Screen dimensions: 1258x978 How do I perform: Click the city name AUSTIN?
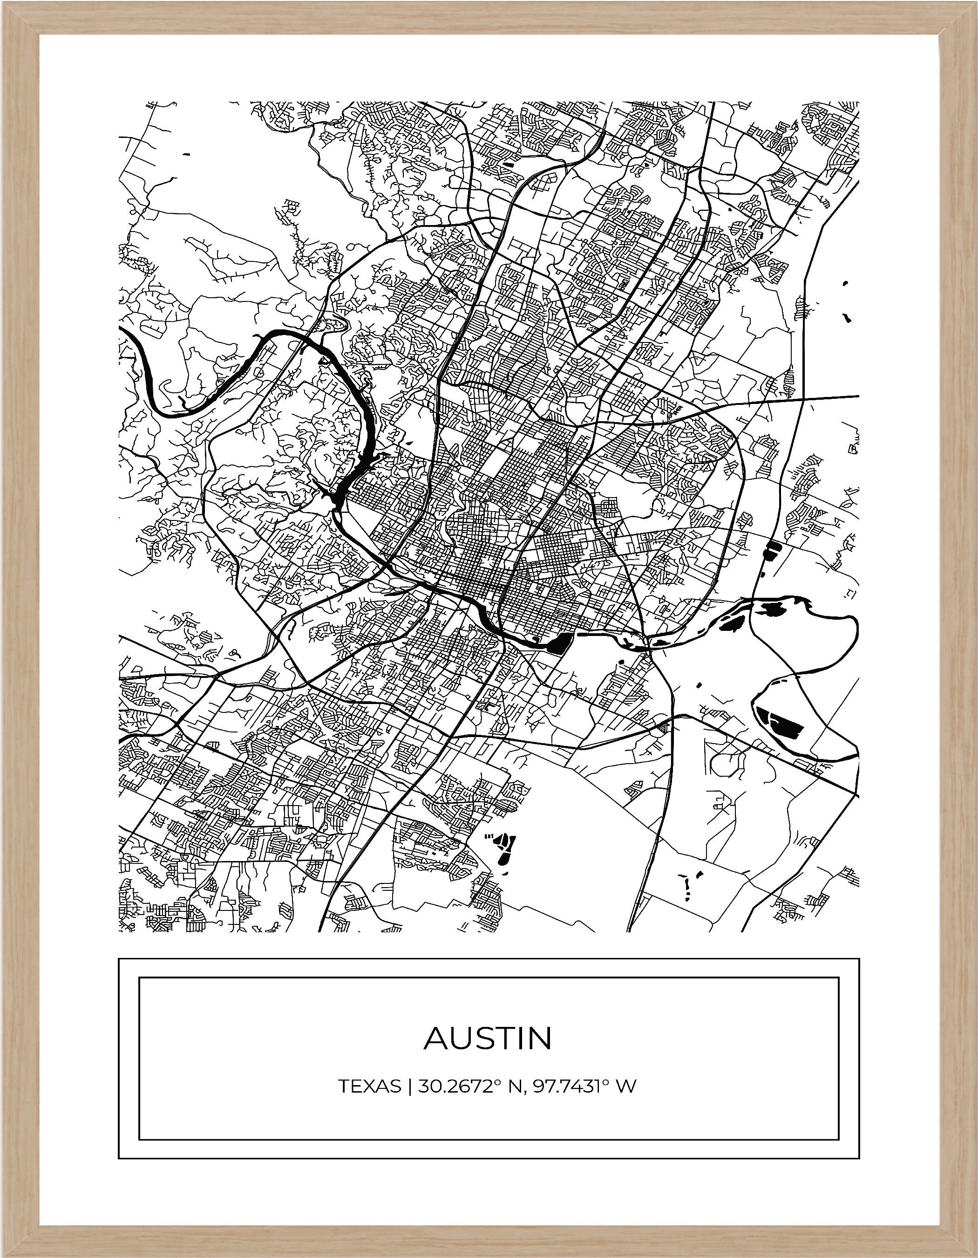pyautogui.click(x=488, y=1038)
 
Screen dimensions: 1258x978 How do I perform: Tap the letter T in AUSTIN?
pyautogui.click(x=505, y=1038)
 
